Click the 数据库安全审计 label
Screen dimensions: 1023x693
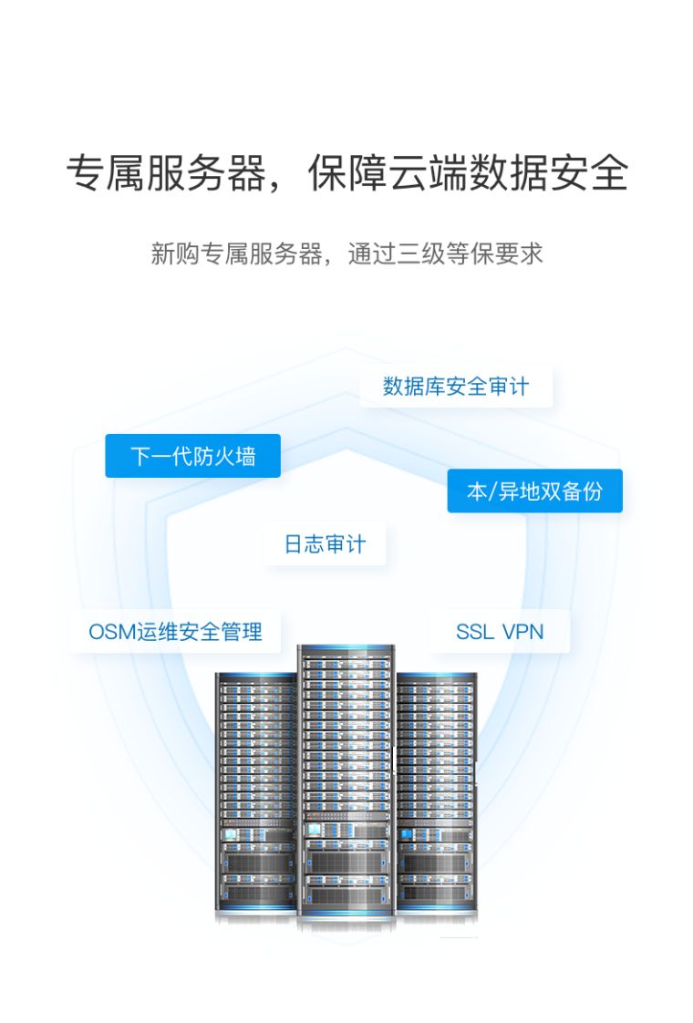[x=455, y=387]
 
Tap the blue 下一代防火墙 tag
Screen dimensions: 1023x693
[x=192, y=456]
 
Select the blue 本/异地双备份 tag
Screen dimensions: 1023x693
[x=534, y=491]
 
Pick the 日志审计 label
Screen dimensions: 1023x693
[x=325, y=544]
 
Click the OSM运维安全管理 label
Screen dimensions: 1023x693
[x=175, y=631]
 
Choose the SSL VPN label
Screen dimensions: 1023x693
[x=499, y=631]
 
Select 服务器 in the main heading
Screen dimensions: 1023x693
[x=205, y=173]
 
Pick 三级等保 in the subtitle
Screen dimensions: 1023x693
[x=432, y=253]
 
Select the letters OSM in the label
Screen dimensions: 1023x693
[x=111, y=631]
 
